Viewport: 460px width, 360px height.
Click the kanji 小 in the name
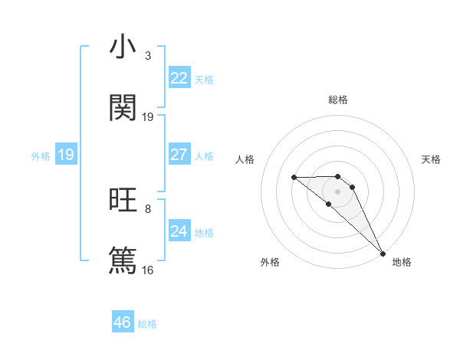coord(123,47)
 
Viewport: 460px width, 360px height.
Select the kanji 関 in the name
coord(123,108)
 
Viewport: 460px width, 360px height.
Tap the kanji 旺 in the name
coord(123,200)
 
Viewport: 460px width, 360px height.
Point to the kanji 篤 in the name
coord(123,260)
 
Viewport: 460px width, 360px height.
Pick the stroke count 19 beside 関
coord(148,116)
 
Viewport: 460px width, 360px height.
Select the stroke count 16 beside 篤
coord(148,270)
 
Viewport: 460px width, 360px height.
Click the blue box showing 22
coord(179,78)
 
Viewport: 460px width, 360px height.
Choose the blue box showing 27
coord(179,155)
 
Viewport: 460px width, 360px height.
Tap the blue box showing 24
coord(179,231)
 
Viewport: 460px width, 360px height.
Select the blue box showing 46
coord(123,322)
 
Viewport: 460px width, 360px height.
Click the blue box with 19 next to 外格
coord(66,155)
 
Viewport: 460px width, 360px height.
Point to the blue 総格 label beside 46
coord(147,324)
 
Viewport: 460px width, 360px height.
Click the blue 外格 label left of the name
coord(41,156)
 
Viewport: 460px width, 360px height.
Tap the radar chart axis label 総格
coord(338,100)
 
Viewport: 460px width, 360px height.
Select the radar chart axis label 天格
coord(432,159)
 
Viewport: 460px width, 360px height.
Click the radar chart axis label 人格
coord(245,159)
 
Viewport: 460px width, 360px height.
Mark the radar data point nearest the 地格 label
coord(382,253)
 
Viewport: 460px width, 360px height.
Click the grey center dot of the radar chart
coord(338,191)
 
